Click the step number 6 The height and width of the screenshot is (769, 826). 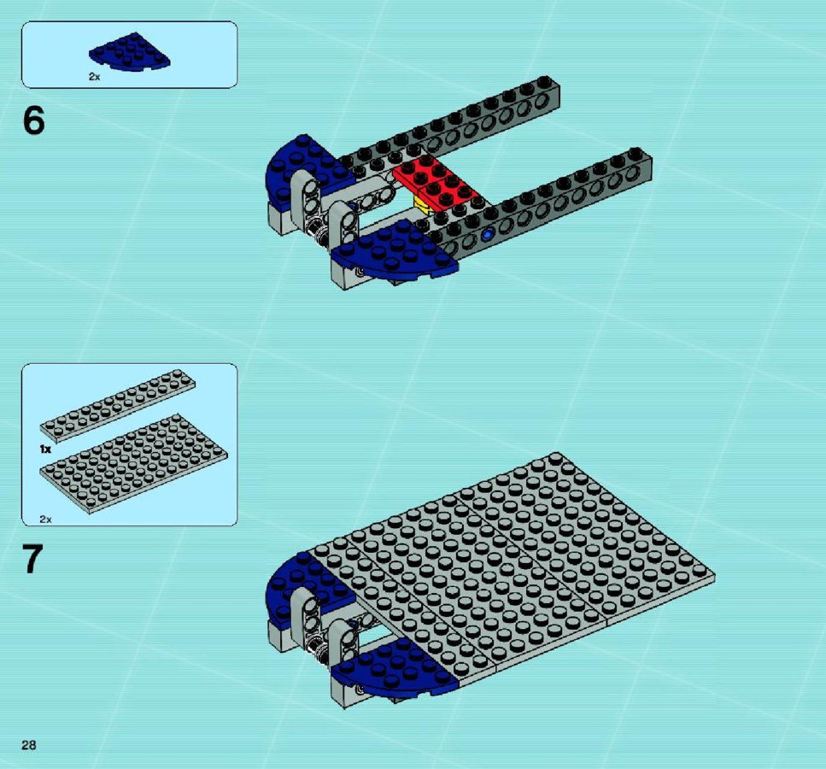coord(33,120)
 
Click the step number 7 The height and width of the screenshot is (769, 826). coord(32,560)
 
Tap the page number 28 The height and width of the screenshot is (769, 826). coord(29,745)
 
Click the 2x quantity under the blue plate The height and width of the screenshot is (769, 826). coord(94,77)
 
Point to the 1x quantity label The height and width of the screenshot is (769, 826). coord(45,449)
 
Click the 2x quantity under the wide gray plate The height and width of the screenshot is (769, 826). coord(46,520)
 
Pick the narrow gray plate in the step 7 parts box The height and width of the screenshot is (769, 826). coord(118,405)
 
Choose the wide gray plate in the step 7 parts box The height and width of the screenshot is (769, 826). coord(134,464)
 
